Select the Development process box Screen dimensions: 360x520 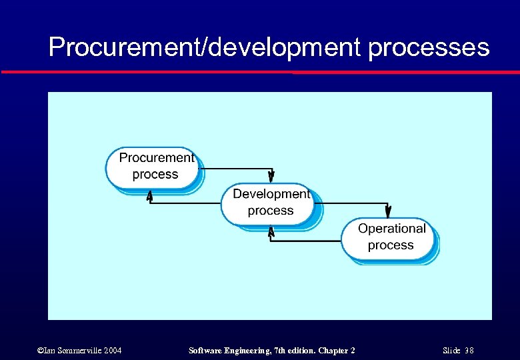pos(270,203)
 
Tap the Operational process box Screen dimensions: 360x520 pos(391,237)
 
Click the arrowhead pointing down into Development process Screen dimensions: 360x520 pos(271,177)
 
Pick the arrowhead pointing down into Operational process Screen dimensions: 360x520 pos(389,211)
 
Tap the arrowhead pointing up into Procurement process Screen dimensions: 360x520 pos(150,195)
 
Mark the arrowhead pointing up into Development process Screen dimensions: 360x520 pos(271,231)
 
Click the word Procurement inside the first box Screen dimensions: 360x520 pos(156,158)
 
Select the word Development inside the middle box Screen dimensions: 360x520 pos(271,194)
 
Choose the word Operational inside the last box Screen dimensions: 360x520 pos(391,229)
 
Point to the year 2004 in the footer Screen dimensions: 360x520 pos(111,351)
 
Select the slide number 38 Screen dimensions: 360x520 pos(469,351)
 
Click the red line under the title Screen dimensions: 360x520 pos(260,71)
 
